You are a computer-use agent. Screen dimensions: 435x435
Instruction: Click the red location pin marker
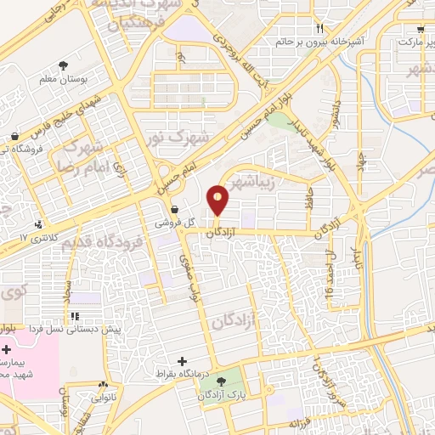coord(219,199)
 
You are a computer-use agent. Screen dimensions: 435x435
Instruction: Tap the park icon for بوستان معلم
coord(63,65)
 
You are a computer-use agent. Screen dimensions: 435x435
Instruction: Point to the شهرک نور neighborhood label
coord(166,134)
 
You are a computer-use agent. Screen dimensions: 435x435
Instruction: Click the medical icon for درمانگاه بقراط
coord(179,360)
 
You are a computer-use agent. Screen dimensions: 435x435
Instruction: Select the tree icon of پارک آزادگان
coord(222,381)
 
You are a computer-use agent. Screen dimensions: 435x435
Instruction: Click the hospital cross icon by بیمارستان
coord(7,349)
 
